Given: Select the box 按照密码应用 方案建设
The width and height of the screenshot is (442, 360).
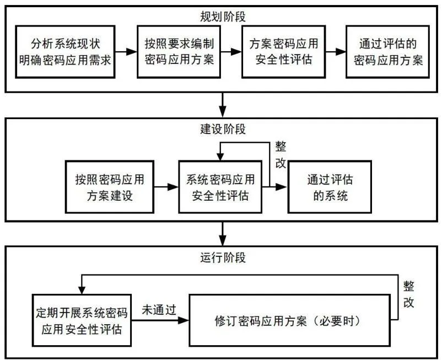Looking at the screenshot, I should point(109,187).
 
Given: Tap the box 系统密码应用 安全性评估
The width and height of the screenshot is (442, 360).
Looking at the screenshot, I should point(220,187).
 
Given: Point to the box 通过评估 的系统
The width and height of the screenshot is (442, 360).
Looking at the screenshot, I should point(330,187).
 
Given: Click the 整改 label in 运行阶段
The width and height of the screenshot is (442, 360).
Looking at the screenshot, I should point(409,294).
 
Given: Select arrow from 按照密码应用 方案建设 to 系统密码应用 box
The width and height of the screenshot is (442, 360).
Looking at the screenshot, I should point(165,187).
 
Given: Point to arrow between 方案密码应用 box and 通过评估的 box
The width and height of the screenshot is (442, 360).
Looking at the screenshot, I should point(335,52).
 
